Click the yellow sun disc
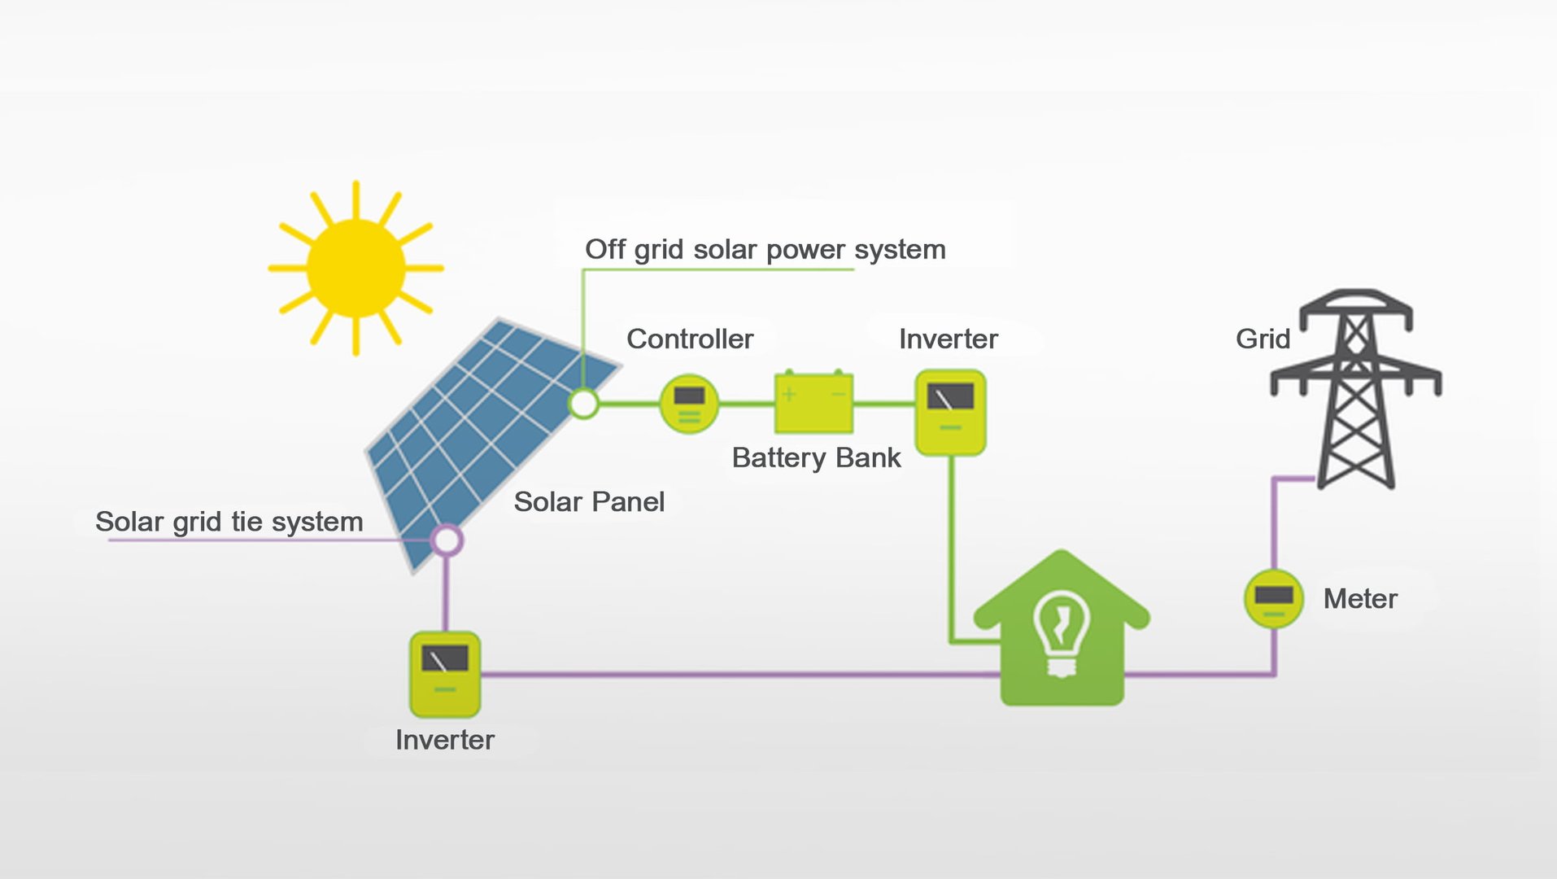(x=355, y=268)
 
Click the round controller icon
(x=689, y=404)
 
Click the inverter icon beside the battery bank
(x=950, y=413)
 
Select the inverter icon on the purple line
(x=445, y=675)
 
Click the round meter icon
(x=1274, y=598)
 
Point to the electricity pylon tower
(x=1356, y=389)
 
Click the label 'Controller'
(x=690, y=339)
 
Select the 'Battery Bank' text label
(x=816, y=458)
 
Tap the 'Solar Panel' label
(x=589, y=501)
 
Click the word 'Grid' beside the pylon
(x=1263, y=339)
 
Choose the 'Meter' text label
(x=1360, y=599)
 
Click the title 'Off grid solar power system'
(x=765, y=250)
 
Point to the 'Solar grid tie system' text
(x=229, y=522)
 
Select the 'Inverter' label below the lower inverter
(x=445, y=740)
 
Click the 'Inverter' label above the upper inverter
(x=949, y=339)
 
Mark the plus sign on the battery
(x=789, y=395)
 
